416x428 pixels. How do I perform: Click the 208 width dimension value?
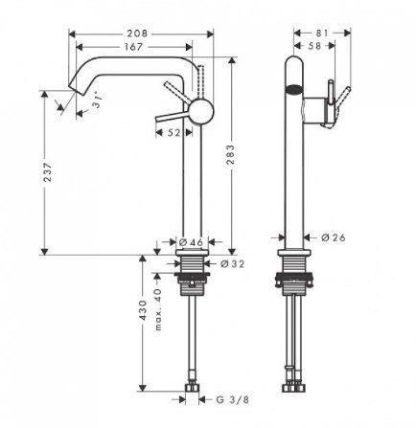coord(137,34)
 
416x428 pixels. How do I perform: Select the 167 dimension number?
coord(133,47)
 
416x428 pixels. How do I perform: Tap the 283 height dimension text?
coord(230,155)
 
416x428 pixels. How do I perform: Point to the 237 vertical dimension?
coord(47,172)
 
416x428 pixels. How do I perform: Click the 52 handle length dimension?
coord(173,132)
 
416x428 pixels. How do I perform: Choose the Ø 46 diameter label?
coord(191,242)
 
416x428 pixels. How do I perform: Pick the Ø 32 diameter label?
coord(232,263)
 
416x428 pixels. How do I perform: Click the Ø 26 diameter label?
coord(334,237)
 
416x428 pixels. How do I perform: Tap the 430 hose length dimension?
coord(143,310)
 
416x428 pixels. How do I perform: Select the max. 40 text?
coord(158,309)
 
